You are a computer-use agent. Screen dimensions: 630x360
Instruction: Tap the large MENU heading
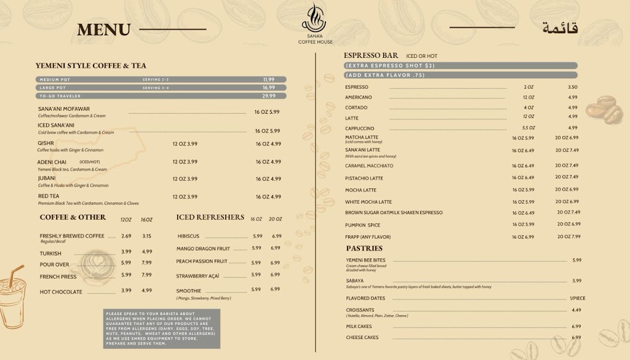tap(104, 30)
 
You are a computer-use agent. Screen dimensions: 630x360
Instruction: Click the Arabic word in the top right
tap(560, 28)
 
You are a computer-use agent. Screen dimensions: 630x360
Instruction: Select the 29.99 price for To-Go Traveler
tap(269, 96)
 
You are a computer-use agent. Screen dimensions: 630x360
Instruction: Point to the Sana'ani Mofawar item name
tap(64, 109)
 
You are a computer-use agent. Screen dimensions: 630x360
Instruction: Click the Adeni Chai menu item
tap(52, 162)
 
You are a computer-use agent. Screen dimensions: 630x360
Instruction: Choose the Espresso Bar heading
tap(371, 55)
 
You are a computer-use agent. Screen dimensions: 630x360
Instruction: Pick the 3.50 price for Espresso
tap(573, 87)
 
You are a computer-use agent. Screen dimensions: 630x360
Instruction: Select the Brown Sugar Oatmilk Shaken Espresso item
tap(394, 213)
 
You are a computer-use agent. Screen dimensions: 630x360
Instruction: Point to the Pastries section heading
tap(364, 249)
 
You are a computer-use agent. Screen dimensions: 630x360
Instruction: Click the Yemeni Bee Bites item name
tap(365, 260)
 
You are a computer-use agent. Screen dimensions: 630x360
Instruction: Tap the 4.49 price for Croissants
tap(576, 310)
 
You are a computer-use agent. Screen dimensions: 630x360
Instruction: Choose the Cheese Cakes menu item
tap(362, 337)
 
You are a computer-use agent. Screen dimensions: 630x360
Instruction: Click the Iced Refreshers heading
tap(210, 217)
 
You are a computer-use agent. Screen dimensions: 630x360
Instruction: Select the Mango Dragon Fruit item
tap(204, 249)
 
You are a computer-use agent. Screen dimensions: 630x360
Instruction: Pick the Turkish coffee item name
tap(50, 253)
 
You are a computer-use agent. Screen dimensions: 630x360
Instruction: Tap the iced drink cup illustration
tap(12, 295)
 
